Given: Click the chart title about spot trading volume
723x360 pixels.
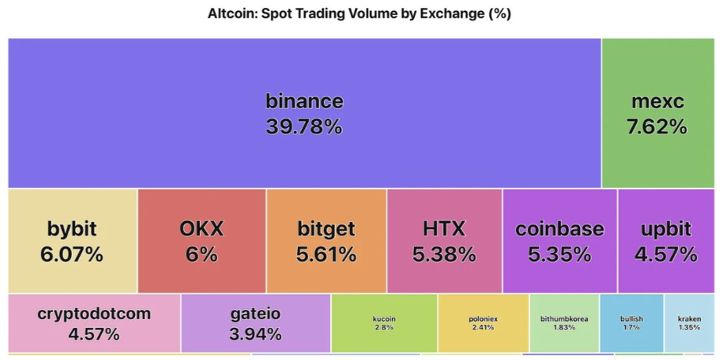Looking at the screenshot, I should coord(360,14).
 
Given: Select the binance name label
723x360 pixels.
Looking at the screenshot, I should coord(304,101).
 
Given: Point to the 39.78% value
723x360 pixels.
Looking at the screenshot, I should coord(304,126).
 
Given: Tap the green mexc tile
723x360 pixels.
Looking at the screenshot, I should coord(657,113).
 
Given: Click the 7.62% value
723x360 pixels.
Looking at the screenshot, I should coord(657,126).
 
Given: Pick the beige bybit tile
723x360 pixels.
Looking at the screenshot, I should coord(72,241).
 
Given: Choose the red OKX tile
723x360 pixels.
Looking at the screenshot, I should coord(202,241).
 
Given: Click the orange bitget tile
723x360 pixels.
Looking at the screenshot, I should coord(326,241).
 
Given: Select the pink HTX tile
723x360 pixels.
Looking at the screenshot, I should coord(444,241).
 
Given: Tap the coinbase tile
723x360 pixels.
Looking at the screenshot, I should coord(560,241).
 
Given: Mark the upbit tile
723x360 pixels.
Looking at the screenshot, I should coord(667,241).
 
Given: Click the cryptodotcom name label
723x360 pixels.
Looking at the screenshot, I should coord(94,315).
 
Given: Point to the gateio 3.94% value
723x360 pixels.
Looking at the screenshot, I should coord(256,335).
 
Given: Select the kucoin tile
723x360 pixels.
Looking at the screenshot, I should coord(384,323).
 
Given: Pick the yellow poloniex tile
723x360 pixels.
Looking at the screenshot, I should coord(483,323).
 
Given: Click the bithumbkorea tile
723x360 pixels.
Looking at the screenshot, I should coord(565,323).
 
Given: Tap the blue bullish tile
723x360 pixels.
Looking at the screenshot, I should coord(631,323).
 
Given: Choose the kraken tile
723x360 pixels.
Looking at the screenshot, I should coord(689,323).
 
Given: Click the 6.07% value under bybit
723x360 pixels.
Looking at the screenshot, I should coord(72,254).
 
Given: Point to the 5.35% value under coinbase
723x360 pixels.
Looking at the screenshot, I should coord(560,254).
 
